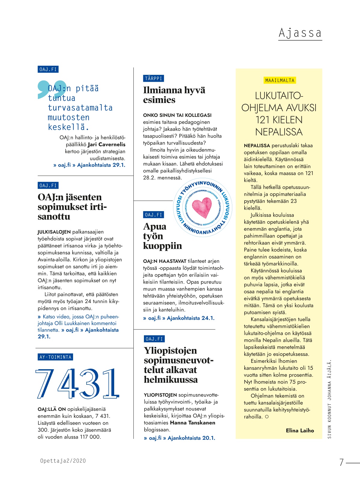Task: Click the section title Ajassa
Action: click(300, 33)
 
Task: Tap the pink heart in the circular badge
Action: click(202, 208)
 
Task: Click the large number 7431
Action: click(78, 384)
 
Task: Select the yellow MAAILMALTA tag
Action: click(280, 80)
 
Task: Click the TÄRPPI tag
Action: click(154, 78)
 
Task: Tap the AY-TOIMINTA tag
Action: click(56, 357)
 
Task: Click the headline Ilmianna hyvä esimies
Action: click(174, 95)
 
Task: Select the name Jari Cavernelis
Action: click(107, 144)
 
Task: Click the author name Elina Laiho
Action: click(300, 430)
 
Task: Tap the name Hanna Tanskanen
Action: click(193, 423)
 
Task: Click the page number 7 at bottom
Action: click(341, 462)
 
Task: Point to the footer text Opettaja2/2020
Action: click(63, 461)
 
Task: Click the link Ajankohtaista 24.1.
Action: click(191, 318)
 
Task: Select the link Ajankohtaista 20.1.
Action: click(191, 438)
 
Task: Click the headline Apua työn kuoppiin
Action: click(163, 236)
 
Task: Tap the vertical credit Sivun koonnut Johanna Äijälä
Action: click(329, 399)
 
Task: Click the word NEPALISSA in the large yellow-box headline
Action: click(279, 132)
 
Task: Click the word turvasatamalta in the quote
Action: click(80, 108)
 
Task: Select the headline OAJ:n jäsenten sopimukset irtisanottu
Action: click(72, 207)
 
